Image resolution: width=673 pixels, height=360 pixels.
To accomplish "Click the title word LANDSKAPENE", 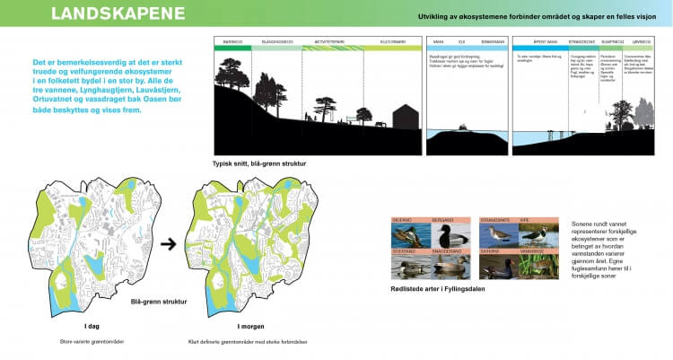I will pos(118,14).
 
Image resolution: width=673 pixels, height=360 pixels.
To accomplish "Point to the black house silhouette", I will pos(405,117).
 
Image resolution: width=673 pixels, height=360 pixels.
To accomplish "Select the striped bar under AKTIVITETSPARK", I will pos(333,48).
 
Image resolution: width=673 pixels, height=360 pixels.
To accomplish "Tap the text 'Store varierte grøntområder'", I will pos(92,341).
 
